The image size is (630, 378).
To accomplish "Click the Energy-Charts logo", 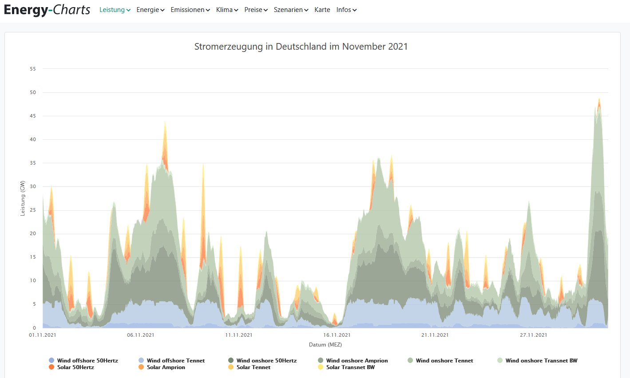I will pos(47,10).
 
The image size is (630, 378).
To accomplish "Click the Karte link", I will pos(322,10).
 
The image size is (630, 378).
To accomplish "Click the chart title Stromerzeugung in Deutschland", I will pos(301,47).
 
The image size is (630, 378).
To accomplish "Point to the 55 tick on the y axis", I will pos(33,69).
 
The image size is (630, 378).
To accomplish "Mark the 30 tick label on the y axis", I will pos(33,187).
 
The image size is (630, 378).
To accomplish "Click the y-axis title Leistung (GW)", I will pos(23,198).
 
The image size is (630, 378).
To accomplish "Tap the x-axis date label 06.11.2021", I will pos(141,335).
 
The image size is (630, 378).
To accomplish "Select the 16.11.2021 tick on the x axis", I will pos(337,335).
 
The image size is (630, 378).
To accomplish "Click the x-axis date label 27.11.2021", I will pos(534,335).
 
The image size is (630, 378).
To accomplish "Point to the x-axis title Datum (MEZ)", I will pos(325,345).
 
